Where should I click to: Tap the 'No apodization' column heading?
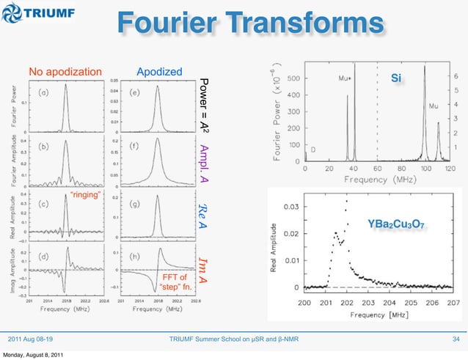point(65,72)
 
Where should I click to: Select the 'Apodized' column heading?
point(159,72)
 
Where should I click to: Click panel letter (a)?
point(45,92)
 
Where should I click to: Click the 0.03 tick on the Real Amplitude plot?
point(290,207)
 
